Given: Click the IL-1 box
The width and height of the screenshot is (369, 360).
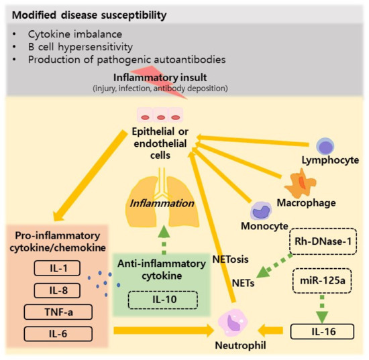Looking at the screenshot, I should pos(56,269).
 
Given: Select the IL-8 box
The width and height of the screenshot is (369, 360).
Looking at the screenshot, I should pos(56,290).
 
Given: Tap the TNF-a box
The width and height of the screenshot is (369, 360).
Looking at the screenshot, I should pos(56,311).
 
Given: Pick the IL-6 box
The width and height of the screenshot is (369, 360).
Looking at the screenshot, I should pos(56,332).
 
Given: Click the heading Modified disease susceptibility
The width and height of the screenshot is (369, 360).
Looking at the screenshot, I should pos(83,14).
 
